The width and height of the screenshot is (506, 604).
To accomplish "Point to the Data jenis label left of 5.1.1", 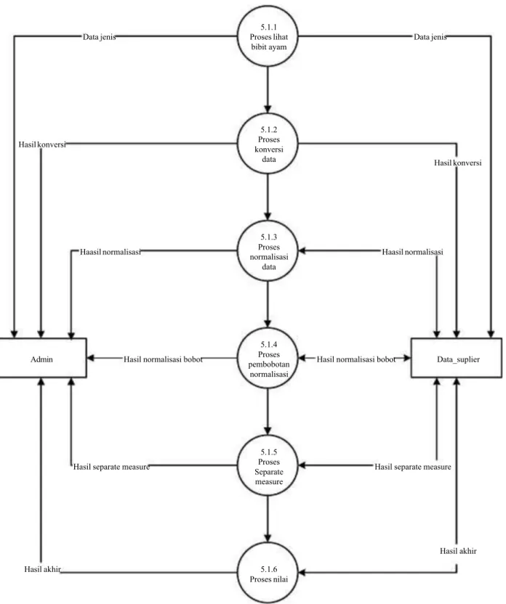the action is [x=99, y=37].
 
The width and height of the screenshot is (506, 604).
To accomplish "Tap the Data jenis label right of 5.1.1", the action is [x=430, y=37].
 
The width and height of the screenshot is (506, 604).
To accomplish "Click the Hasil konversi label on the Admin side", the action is [x=42, y=144].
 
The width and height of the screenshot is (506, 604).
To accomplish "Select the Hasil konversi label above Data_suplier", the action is [x=458, y=163].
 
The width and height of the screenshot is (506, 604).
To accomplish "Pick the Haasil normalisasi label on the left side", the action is [x=111, y=252].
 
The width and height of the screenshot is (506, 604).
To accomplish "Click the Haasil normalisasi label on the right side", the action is [x=412, y=252].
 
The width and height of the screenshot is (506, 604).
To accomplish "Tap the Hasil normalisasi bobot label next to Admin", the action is [x=163, y=359].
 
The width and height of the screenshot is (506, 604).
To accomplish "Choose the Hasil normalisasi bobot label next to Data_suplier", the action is [x=356, y=359].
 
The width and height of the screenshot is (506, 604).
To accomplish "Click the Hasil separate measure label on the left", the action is [x=111, y=467].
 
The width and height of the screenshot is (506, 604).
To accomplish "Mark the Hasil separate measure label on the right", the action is [x=413, y=467].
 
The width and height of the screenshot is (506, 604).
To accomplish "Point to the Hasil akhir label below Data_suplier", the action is [x=458, y=551].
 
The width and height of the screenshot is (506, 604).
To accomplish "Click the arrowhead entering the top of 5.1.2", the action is [x=268, y=109].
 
